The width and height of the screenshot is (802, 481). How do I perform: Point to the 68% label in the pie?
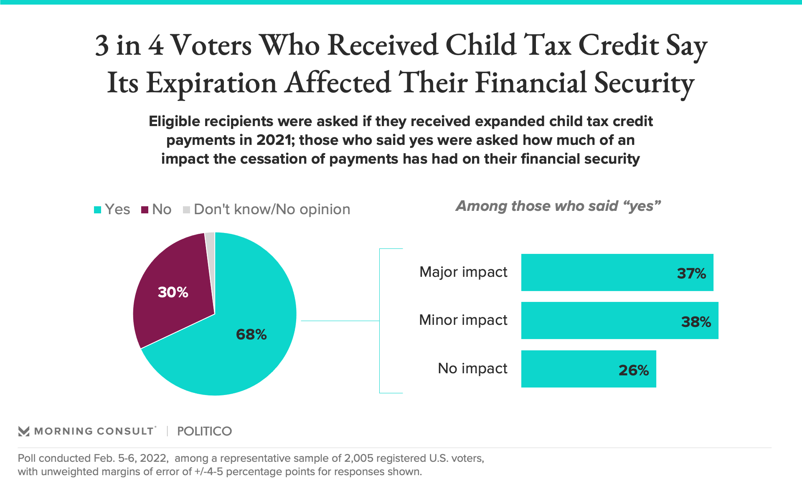tap(251, 334)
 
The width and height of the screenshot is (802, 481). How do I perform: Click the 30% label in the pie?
tap(173, 292)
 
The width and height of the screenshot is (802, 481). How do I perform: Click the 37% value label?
tap(691, 273)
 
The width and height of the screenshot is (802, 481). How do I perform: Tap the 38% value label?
tap(696, 322)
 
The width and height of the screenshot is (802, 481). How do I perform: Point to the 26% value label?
tap(634, 370)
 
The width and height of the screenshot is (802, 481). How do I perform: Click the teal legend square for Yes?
tap(98, 210)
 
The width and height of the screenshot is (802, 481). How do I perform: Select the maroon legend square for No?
tap(145, 210)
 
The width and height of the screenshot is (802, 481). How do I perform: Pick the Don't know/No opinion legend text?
tap(272, 209)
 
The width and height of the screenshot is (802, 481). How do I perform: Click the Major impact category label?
tap(463, 272)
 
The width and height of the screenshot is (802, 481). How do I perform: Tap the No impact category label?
tap(472, 368)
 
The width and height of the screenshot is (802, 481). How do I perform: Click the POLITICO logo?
tap(204, 431)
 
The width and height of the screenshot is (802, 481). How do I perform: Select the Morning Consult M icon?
tap(24, 431)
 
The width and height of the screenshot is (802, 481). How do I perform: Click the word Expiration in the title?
tap(211, 83)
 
